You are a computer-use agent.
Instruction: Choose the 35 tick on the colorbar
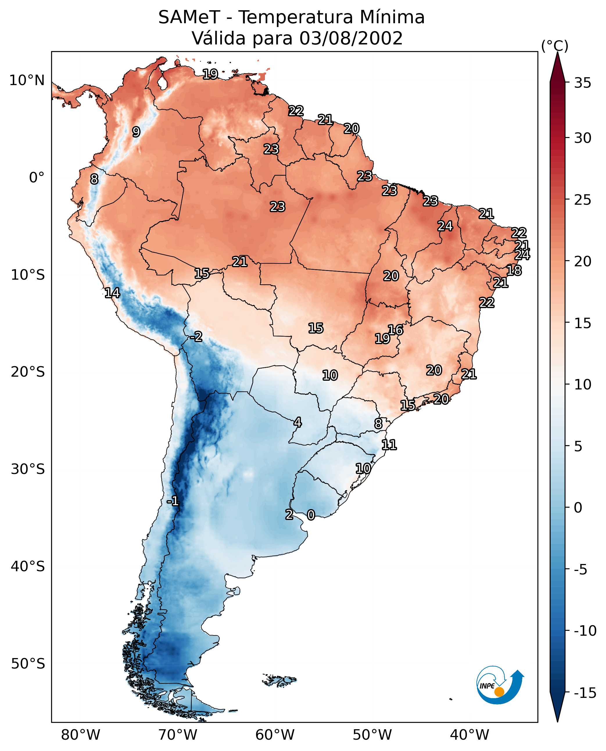click(x=582, y=83)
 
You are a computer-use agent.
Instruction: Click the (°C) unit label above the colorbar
click(x=555, y=46)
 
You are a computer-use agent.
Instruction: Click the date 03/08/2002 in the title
click(x=351, y=38)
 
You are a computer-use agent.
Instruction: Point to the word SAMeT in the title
click(x=189, y=17)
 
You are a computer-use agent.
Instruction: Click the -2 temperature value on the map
click(x=196, y=337)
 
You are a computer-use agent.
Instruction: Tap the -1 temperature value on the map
click(x=173, y=502)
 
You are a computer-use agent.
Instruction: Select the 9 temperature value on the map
click(x=136, y=132)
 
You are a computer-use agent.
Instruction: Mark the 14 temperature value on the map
click(x=112, y=293)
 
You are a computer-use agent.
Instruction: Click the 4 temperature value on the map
click(x=297, y=422)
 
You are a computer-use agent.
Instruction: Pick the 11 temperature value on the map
click(x=389, y=445)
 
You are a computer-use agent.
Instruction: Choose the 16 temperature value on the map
click(x=395, y=330)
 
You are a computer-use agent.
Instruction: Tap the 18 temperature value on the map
click(x=514, y=270)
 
